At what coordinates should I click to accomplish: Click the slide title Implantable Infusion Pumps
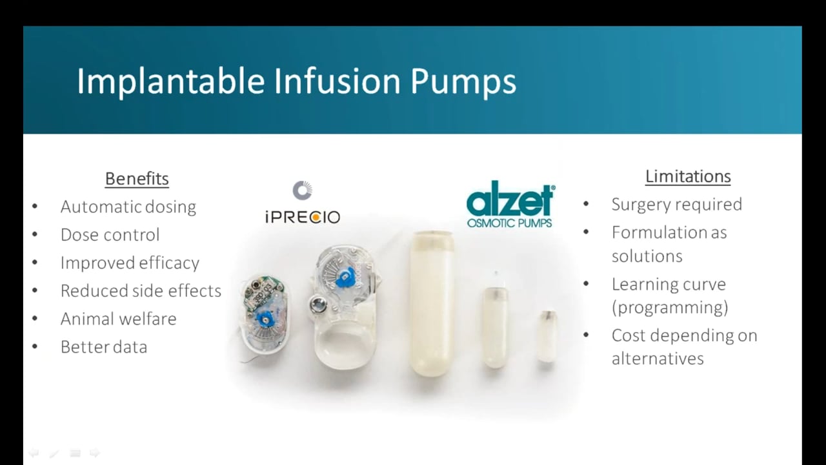click(x=296, y=81)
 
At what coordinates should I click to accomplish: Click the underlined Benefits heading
click(x=137, y=179)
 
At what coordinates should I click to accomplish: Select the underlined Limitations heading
click(x=688, y=176)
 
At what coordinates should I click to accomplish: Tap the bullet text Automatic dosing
click(x=128, y=207)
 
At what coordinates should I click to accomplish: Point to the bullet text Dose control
click(x=110, y=234)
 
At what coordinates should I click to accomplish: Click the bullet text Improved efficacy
click(x=130, y=263)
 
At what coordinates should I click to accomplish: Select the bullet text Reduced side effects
click(x=141, y=291)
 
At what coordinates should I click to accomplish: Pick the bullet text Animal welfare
click(x=118, y=318)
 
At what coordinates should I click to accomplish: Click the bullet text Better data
click(x=103, y=347)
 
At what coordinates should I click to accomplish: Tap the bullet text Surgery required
click(x=676, y=204)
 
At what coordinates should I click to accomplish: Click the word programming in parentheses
click(x=670, y=307)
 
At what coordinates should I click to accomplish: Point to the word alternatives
click(x=657, y=358)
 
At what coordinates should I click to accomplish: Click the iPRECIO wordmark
click(x=302, y=217)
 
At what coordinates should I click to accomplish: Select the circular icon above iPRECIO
click(x=302, y=191)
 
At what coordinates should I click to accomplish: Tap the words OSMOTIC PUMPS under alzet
click(x=510, y=223)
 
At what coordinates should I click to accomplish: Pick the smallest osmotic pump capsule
click(x=547, y=336)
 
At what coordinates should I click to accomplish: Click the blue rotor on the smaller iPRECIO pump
click(x=265, y=318)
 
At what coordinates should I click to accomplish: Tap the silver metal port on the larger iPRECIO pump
click(x=317, y=304)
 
